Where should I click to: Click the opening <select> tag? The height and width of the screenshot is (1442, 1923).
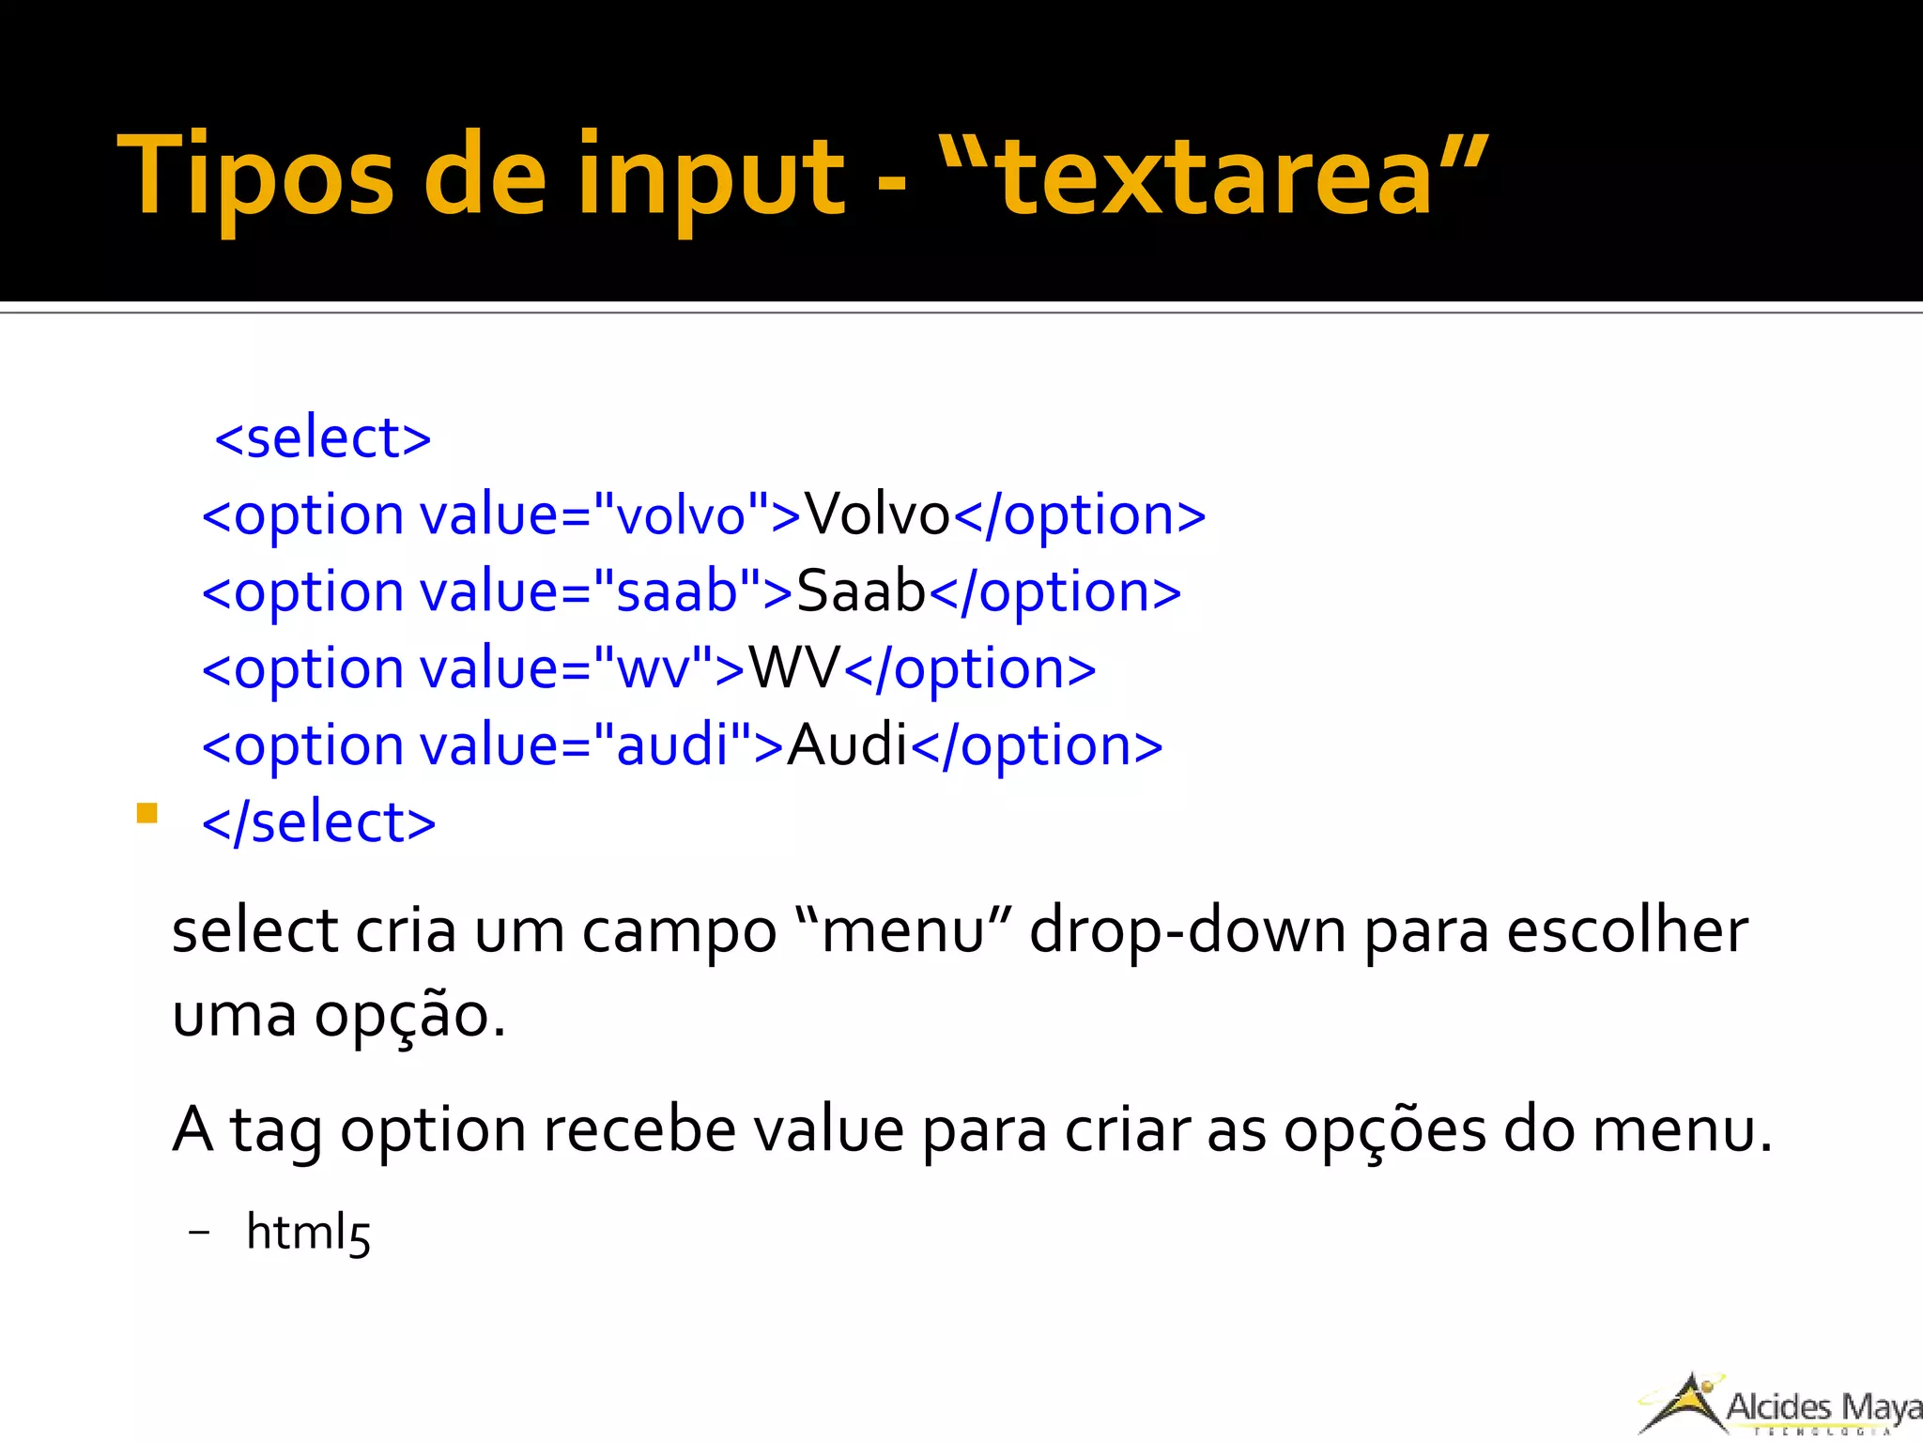(x=323, y=437)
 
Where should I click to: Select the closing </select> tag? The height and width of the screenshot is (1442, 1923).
(x=319, y=822)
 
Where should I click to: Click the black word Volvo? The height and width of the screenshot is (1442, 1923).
(x=878, y=514)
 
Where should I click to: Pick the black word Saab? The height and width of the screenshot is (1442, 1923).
(x=861, y=591)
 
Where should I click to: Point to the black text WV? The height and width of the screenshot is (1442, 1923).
(x=794, y=668)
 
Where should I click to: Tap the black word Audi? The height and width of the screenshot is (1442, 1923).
(x=847, y=745)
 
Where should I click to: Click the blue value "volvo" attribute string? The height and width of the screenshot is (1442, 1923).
(x=680, y=514)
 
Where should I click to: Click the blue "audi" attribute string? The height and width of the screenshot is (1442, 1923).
(x=672, y=745)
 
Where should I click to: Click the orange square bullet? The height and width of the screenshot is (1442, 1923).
(x=146, y=812)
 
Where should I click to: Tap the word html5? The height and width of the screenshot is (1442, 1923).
(x=308, y=1232)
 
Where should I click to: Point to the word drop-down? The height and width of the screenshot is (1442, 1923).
(x=1188, y=931)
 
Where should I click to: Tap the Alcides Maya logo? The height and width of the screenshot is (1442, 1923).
(x=1779, y=1404)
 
